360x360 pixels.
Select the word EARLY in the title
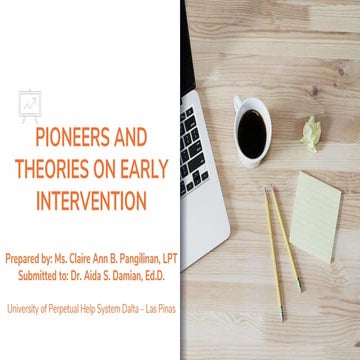tap(143, 169)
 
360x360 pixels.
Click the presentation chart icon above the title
tap(29, 103)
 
